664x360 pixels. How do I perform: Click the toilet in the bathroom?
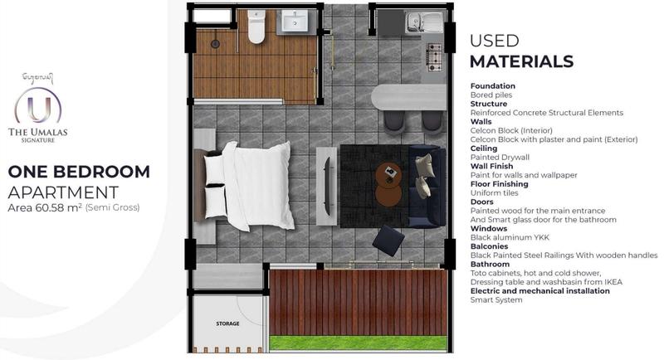(x=256, y=27)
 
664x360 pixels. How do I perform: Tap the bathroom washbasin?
(x=295, y=21)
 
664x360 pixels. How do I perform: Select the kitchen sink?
(x=423, y=22)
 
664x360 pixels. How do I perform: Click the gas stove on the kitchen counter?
(x=433, y=57)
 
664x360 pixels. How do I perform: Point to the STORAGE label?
(x=227, y=324)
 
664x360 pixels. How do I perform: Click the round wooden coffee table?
(x=388, y=184)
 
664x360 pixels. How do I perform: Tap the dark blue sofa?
(x=427, y=187)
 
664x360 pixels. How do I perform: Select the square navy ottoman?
(x=388, y=241)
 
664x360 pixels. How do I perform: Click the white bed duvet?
(x=259, y=186)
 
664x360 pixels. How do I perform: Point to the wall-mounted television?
(x=327, y=186)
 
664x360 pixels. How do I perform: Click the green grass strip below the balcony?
(x=359, y=343)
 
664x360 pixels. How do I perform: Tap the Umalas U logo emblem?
(x=38, y=106)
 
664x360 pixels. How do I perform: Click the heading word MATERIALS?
(x=522, y=61)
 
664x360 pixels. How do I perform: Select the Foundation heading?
(x=493, y=86)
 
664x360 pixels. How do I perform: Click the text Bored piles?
(x=491, y=95)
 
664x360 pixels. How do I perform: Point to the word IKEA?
(x=613, y=282)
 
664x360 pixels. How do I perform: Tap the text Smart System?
(x=496, y=300)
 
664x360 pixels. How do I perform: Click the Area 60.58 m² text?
(x=45, y=207)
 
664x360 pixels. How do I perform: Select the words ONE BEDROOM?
(x=79, y=172)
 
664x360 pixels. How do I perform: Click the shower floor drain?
(x=215, y=43)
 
